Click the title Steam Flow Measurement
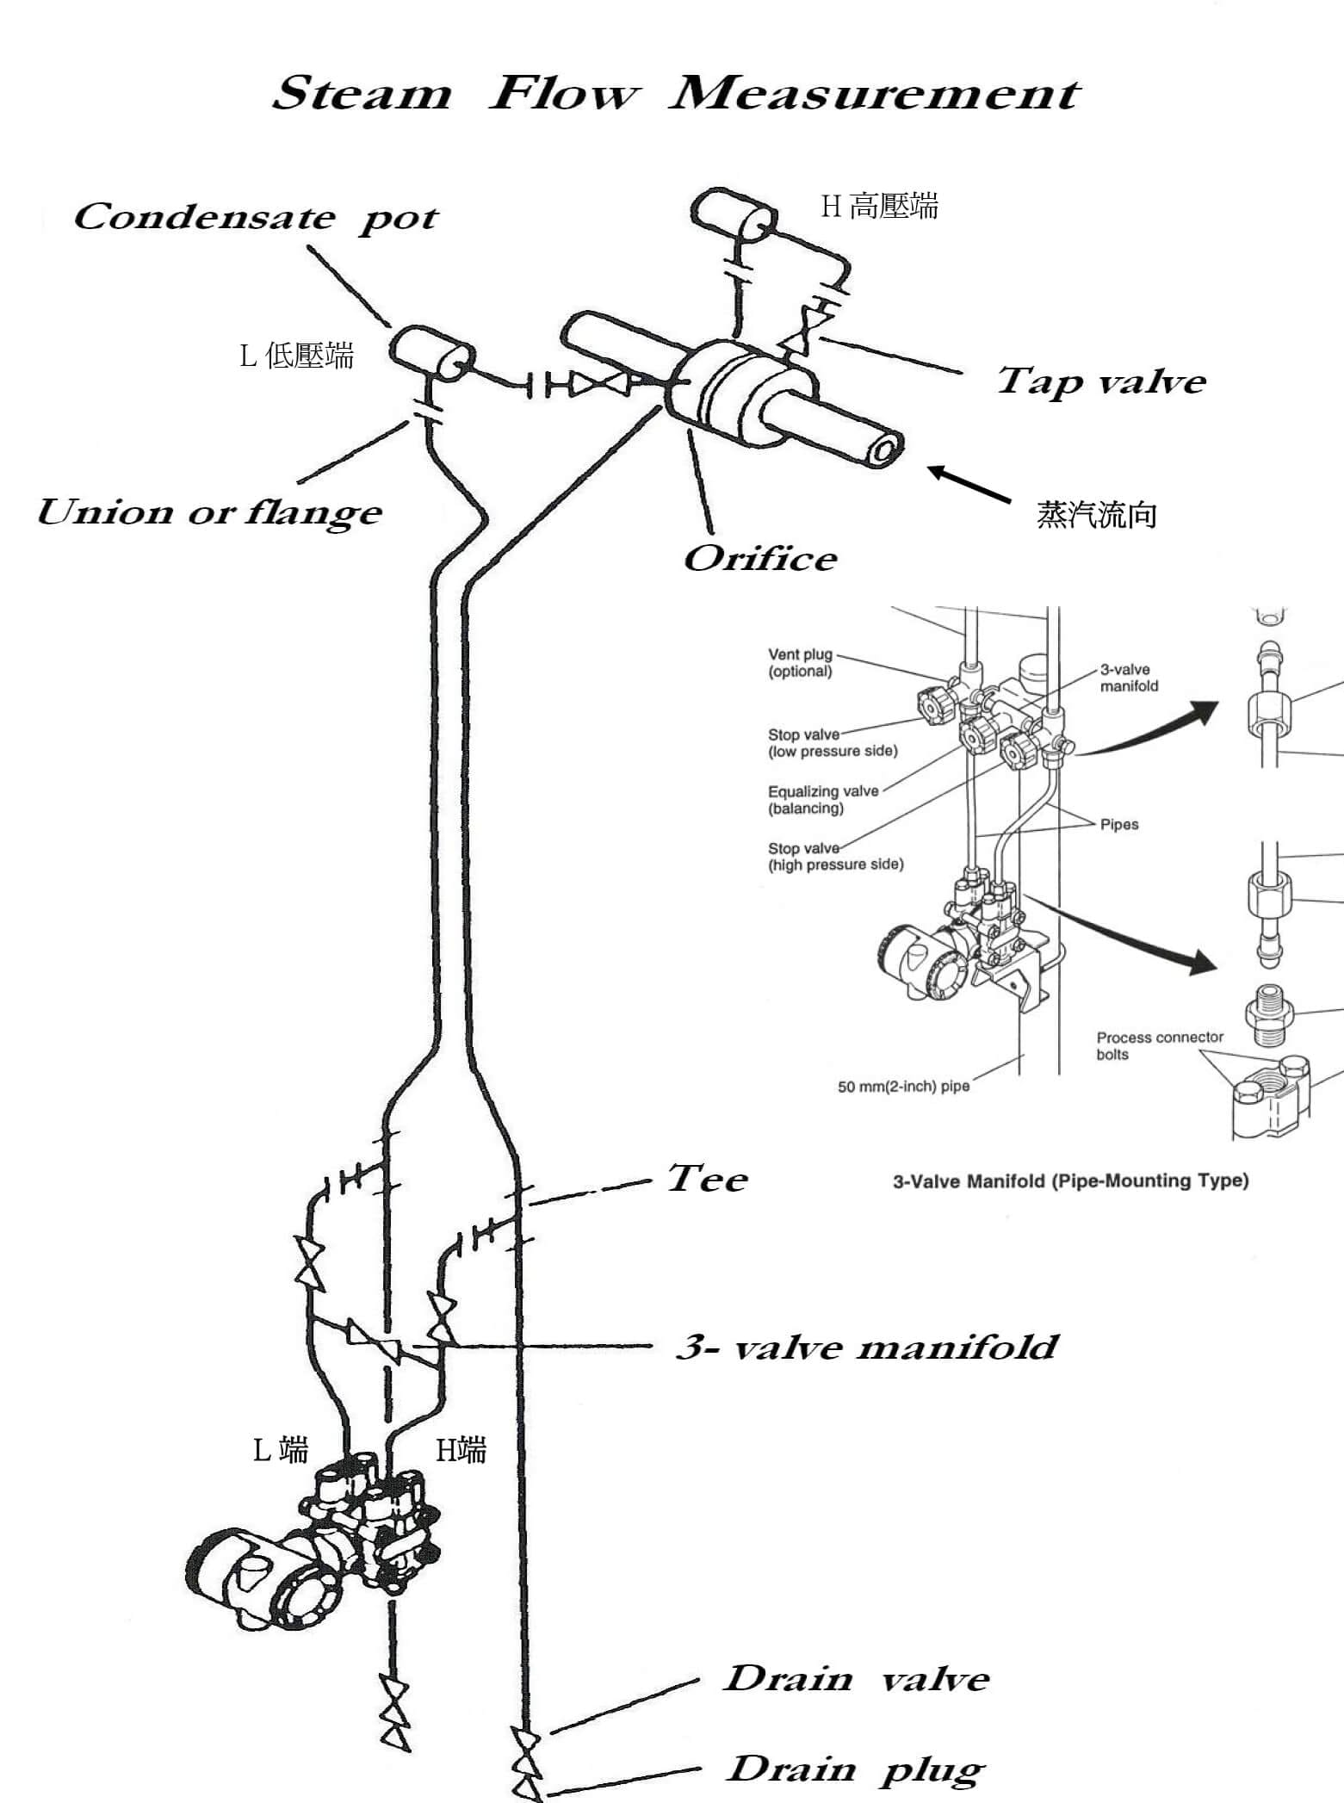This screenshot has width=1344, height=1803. click(x=676, y=93)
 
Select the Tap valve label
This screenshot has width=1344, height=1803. click(x=1100, y=381)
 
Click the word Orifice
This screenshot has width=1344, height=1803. click(x=759, y=559)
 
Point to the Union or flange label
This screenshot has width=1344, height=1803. click(x=209, y=512)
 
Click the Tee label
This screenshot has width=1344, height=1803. click(x=707, y=1179)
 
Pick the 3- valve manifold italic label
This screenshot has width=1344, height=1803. click(x=866, y=1347)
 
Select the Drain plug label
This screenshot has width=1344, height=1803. click(x=856, y=1769)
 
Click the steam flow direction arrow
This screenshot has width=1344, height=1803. click(x=969, y=484)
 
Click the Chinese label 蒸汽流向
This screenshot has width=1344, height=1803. click(x=1096, y=515)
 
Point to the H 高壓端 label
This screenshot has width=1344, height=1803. click(x=879, y=207)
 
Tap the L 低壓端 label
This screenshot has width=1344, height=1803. click(x=297, y=355)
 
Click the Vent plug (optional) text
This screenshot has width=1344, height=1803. click(x=800, y=663)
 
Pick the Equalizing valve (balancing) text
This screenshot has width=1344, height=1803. click(x=822, y=799)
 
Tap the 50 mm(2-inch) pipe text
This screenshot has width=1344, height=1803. click(x=903, y=1087)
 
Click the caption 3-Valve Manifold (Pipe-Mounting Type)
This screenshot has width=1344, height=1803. click(x=1070, y=1181)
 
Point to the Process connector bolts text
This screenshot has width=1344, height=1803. click(x=1159, y=1045)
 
